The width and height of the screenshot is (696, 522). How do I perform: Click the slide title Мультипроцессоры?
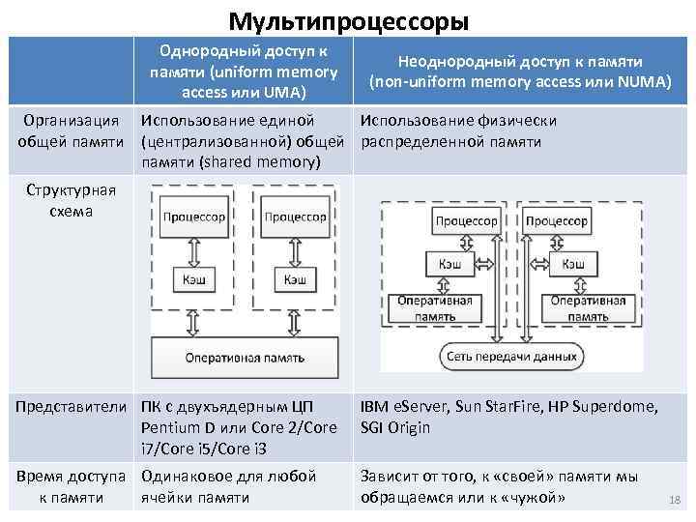348,19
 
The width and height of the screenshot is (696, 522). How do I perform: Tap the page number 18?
675,499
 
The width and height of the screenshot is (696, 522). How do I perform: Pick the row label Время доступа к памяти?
71,486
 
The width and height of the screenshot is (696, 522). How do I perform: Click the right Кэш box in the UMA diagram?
294,279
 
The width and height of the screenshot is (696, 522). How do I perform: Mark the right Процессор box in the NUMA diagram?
555,221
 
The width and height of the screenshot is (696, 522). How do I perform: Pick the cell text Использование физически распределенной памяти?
458,131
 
